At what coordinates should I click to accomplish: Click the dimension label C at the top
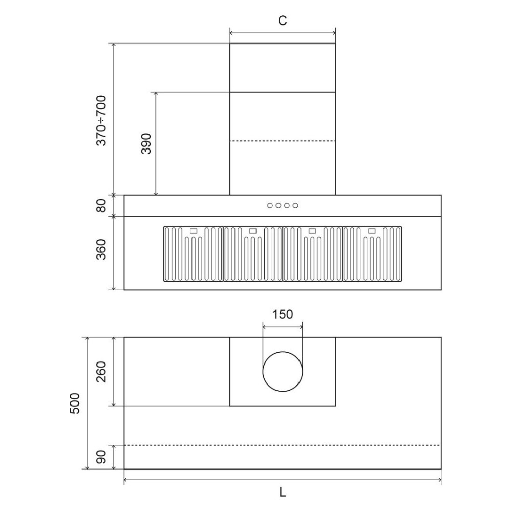282,20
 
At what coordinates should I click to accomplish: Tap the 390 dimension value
146,144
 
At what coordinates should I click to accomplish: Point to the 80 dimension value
101,205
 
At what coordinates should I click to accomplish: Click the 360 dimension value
101,249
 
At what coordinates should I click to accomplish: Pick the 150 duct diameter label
283,314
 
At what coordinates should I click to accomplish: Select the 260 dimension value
101,372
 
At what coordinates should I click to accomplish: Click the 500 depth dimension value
75,403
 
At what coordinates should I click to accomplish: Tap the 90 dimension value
101,457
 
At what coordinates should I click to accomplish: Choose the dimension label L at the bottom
283,493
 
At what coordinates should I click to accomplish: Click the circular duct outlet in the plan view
283,372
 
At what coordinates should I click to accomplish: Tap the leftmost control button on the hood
269,206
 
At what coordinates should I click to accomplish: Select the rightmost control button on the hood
295,206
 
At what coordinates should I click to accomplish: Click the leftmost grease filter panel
193,254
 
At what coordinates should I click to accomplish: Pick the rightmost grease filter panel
372,254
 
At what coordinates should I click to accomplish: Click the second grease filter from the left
253,254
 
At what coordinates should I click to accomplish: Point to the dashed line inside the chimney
283,141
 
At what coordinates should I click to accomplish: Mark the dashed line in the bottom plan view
283,445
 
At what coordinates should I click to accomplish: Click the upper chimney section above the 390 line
283,68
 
